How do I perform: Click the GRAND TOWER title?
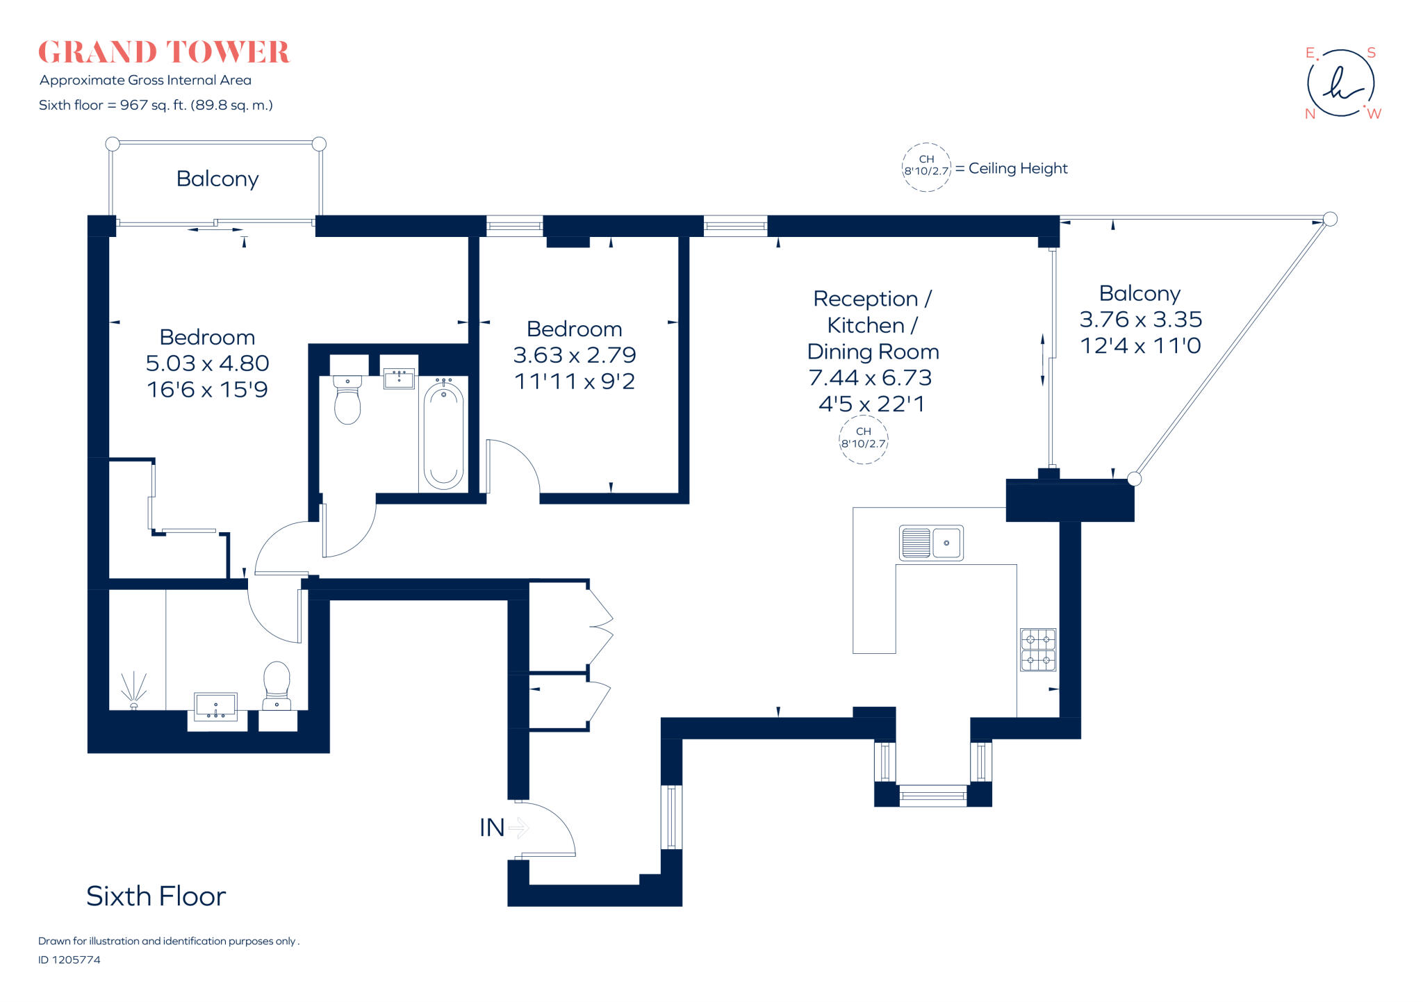[x=163, y=53]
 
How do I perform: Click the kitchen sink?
[x=931, y=543]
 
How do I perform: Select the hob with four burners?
[x=1038, y=650]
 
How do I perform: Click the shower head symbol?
[x=133, y=689]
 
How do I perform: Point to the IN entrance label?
[x=492, y=828]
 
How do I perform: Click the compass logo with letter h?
[x=1340, y=83]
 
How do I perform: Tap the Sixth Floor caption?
[x=156, y=896]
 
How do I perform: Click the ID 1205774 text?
[x=69, y=960]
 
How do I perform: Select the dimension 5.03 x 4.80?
[x=207, y=363]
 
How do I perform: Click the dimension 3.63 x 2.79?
[x=575, y=355]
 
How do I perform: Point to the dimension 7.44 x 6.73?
[x=870, y=378]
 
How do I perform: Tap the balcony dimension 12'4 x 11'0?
[x=1140, y=346]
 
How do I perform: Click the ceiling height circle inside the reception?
[x=864, y=438]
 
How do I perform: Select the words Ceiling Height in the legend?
[x=1018, y=168]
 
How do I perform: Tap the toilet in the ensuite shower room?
[x=277, y=685]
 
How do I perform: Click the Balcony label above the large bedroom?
[x=217, y=179]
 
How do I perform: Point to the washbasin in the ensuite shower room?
[x=215, y=706]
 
